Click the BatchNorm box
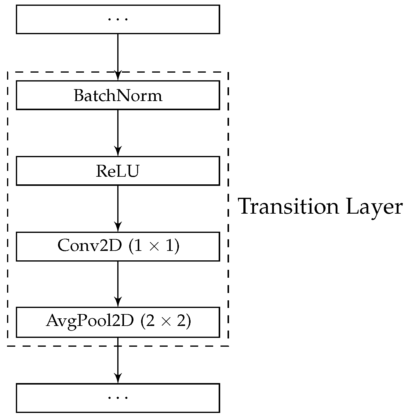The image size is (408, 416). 118,95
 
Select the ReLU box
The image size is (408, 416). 118,171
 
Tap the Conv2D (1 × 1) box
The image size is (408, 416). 118,246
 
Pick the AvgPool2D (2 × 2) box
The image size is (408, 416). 118,322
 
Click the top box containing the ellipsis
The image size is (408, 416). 118,19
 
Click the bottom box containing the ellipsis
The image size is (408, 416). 118,398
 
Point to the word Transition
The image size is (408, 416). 289,207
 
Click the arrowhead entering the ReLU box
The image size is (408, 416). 118,152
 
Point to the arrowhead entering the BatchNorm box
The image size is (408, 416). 118,76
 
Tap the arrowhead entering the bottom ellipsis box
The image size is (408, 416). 118,378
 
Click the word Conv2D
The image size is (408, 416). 89,246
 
